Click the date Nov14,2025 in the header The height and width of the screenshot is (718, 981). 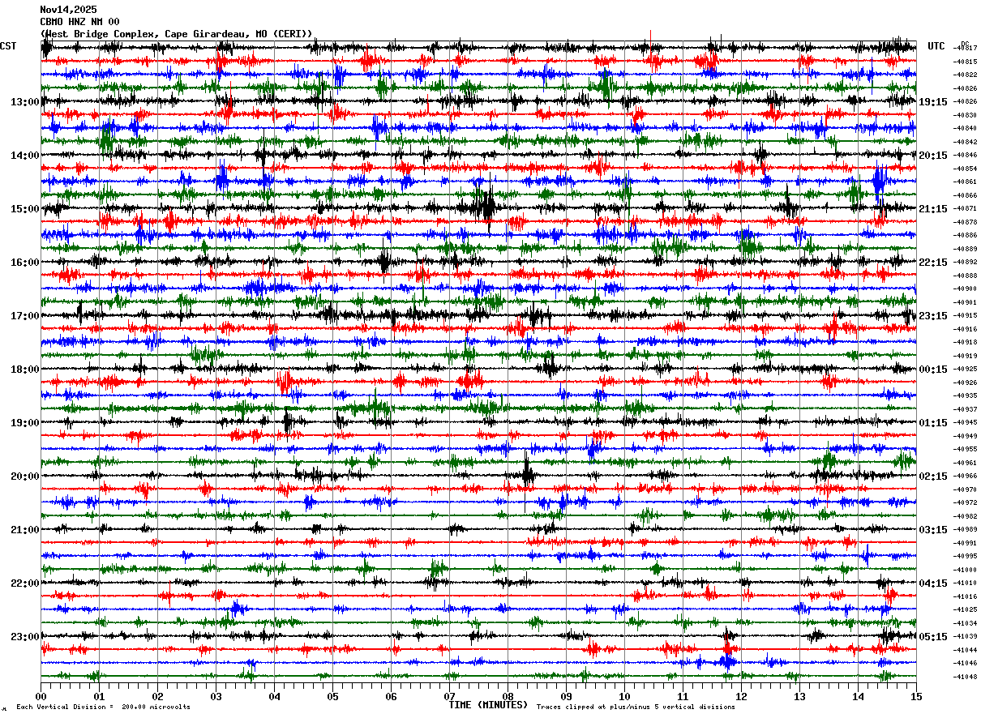point(68,10)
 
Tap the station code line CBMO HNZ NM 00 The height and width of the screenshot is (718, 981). point(79,22)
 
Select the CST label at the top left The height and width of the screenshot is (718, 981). point(8,46)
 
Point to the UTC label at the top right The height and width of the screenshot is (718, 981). point(936,46)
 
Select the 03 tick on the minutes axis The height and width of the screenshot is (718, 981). point(216,696)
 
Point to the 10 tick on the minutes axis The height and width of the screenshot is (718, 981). point(624,696)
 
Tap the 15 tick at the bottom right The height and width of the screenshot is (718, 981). point(915,696)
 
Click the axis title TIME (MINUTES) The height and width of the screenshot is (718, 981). point(488,705)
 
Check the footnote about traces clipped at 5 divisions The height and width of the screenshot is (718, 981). point(636,707)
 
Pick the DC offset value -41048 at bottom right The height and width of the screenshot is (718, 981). point(966,677)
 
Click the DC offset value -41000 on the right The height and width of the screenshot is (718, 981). point(966,570)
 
